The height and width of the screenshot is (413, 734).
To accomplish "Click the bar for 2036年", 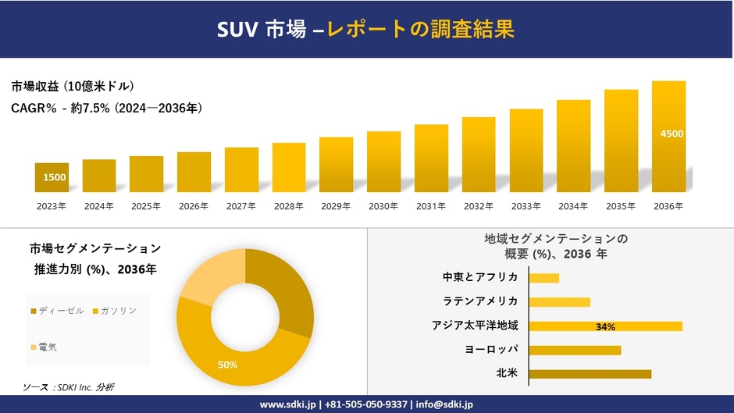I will [668, 137].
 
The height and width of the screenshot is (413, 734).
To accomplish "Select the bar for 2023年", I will [52, 178].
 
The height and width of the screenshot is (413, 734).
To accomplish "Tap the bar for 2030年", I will [383, 162].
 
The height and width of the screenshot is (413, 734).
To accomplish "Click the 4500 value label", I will [672, 134].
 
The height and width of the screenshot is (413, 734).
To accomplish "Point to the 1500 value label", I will [55, 177].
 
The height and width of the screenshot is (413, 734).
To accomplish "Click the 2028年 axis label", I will [289, 206].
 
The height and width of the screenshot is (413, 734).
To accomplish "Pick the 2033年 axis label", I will [526, 206].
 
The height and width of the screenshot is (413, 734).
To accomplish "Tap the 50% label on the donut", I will [227, 365].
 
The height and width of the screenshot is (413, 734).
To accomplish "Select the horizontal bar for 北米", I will [590, 374].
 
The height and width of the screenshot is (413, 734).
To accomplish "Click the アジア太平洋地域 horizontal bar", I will [605, 326].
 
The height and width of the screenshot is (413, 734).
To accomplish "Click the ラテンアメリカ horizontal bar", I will [559, 301].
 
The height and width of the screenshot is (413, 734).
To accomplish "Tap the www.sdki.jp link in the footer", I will [287, 404].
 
